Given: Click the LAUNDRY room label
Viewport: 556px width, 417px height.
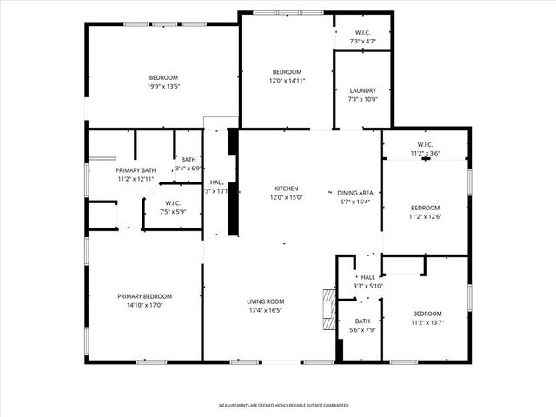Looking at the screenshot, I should pos(363,90).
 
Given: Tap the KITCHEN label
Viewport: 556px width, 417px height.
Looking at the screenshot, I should pos(287,189).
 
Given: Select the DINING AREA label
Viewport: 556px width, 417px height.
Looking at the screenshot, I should pos(354,193).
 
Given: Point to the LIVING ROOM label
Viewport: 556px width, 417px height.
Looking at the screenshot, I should pos(265,301).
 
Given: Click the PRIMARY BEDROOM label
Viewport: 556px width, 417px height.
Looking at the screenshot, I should pos(145,296).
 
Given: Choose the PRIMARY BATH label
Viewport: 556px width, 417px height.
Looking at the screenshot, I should pos(136,170).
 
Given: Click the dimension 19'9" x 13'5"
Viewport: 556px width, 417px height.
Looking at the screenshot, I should pos(162,86).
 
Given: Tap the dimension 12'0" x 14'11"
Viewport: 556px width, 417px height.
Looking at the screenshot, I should pos(287,80).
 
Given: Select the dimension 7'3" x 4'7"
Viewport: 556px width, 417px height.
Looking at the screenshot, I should pos(363,41).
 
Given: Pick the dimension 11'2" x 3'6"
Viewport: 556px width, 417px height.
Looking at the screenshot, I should pos(425,153).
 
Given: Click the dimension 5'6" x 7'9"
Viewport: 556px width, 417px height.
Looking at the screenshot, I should pos(362,329).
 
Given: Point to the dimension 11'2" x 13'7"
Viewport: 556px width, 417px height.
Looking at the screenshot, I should pos(427,322).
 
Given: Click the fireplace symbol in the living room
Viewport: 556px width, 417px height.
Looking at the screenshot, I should pos(327,309).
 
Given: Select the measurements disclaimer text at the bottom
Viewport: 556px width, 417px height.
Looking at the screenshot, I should pos(283,405).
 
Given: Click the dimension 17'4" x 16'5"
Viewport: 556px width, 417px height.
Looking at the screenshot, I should pos(265,310).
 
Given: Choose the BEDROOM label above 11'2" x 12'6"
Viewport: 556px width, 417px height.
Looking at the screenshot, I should pos(425,208).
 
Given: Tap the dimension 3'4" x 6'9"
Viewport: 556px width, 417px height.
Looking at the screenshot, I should pos(189,169).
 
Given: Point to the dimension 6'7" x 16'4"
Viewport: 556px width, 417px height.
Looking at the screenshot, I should pos(354,202).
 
